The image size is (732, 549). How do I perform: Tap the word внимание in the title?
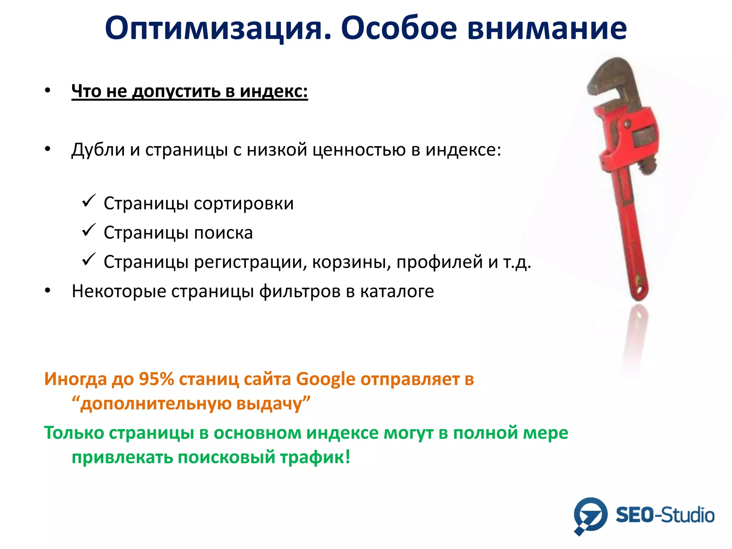point(547,29)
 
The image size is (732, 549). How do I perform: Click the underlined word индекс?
point(273,91)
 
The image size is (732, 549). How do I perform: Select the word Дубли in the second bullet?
point(98,149)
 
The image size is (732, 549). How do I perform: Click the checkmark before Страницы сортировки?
point(88,201)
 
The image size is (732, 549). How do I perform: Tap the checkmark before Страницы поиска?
point(88,230)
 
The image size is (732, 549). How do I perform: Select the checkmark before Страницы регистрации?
point(88,259)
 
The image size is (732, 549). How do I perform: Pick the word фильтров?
point(300,291)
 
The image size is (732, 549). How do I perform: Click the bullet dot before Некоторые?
point(48,291)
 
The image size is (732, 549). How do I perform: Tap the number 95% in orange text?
point(156,379)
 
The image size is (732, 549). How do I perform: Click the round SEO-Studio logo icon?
point(590,515)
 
